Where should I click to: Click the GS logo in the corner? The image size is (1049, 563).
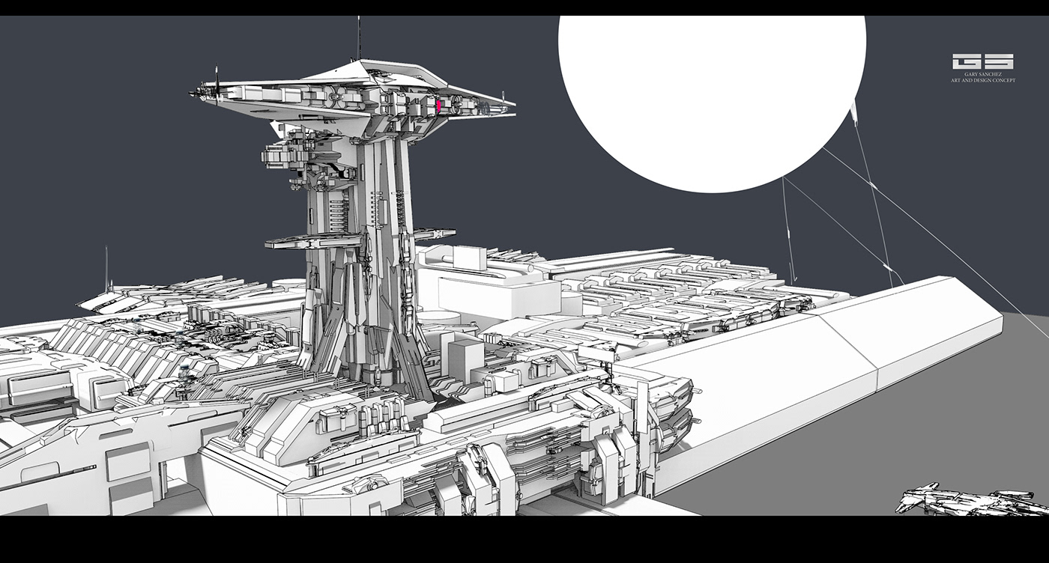point(982,61)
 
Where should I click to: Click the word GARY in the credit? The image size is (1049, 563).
point(973,75)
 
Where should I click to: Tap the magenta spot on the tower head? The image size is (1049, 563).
point(439,106)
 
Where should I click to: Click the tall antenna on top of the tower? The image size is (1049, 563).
point(359,37)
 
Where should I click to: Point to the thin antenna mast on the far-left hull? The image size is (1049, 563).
point(106,268)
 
